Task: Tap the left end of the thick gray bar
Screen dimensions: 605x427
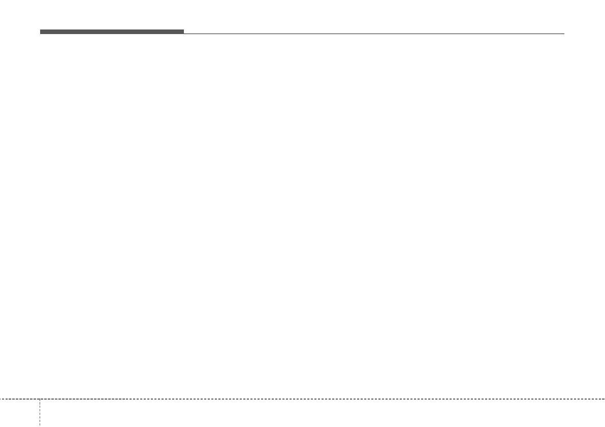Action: (x=41, y=32)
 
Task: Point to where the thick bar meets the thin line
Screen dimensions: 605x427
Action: (x=183, y=33)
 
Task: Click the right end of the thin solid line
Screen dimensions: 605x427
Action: (x=564, y=34)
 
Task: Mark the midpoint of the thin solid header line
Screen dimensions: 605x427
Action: (x=374, y=34)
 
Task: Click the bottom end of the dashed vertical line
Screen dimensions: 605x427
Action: (x=39, y=425)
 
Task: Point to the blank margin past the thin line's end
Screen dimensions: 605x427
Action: (x=585, y=34)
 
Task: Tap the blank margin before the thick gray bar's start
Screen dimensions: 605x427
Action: (x=20, y=32)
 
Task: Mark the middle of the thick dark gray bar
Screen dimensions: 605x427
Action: (x=112, y=32)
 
